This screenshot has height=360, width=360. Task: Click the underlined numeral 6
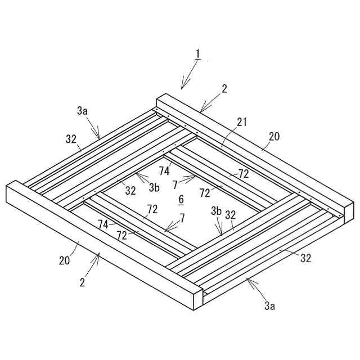(181, 199)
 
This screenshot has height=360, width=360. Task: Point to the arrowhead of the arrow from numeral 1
(182, 88)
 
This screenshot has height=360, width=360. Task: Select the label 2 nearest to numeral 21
(224, 89)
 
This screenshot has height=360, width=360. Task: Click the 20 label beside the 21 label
(273, 136)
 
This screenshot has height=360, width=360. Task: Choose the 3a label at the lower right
(270, 306)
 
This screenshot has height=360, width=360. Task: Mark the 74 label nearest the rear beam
(165, 170)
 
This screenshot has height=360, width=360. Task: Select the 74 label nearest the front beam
(103, 224)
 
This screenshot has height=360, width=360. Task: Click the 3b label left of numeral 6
(154, 188)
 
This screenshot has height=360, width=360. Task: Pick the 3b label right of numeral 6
(216, 211)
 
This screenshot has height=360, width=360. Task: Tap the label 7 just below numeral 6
(182, 217)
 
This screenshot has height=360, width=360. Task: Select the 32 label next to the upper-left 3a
(71, 137)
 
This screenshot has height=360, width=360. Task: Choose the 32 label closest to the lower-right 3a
(305, 258)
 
